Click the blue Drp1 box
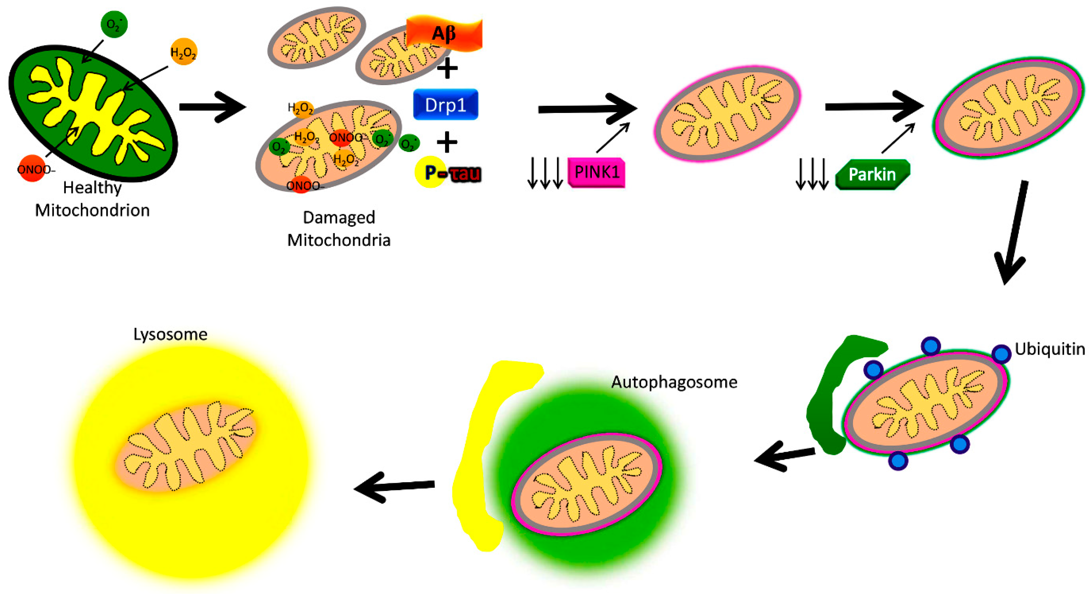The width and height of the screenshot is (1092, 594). pos(445,104)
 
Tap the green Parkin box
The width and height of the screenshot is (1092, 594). pos(872,174)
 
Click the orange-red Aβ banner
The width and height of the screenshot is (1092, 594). pos(444,33)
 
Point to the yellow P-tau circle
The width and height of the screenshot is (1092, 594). pos(430,172)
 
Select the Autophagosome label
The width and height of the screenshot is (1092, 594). pos(674,382)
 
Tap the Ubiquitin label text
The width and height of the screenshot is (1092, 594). pos(1049,349)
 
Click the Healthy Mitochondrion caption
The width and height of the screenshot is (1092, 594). pos(92,199)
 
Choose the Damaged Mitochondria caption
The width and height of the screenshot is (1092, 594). pos(339,229)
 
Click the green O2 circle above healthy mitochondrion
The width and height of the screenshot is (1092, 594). pos(114,24)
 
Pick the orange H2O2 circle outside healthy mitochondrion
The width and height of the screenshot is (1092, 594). pos(183,52)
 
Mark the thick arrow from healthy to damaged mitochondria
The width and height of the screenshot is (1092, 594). pos(212,107)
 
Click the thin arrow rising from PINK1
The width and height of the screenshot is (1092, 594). pos(613,138)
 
